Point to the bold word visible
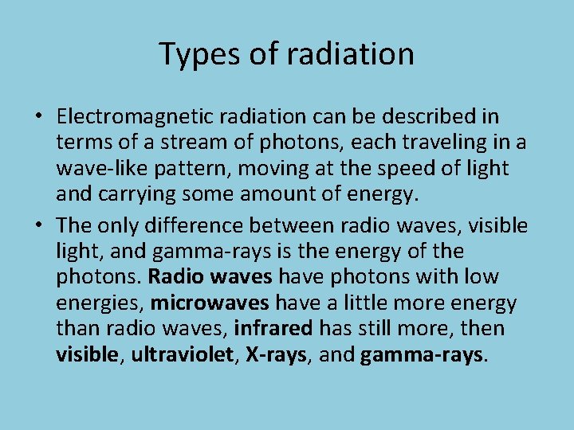(87, 355)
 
